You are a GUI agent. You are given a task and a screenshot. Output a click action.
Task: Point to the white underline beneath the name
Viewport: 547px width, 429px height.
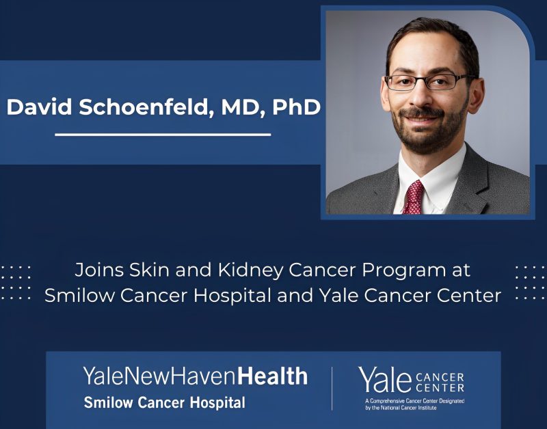coord(163,135)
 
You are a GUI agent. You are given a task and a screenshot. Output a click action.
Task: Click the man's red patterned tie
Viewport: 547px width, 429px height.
coord(413,197)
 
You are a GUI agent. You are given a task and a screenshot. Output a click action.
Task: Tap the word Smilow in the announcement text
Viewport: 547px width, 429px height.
coord(78,296)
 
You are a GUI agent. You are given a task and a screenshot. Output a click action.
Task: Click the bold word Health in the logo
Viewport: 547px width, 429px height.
coord(273,376)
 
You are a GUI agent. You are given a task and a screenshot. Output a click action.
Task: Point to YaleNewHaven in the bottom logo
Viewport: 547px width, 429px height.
coord(160,376)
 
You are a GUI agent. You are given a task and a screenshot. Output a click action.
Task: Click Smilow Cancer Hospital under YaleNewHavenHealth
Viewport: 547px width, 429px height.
coord(164,402)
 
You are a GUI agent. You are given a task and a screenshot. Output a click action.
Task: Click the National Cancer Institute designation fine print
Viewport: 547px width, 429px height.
coord(414,404)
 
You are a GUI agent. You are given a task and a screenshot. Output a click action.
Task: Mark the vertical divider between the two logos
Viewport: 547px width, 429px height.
coord(332,389)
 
